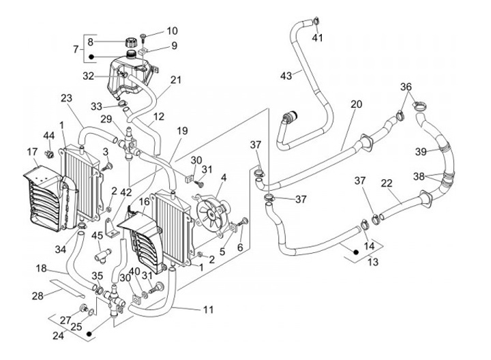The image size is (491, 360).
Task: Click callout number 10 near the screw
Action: (171, 31)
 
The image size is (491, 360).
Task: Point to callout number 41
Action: (318, 37)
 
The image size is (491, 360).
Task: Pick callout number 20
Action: (356, 104)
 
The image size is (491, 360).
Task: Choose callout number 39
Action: (421, 150)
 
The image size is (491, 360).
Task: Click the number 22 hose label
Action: (386, 183)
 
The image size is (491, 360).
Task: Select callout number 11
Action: (208, 310)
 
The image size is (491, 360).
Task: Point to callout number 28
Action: (38, 295)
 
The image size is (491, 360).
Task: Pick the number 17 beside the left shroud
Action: (32, 151)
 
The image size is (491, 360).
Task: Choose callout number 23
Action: (66, 98)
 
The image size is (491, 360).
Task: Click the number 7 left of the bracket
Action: (76, 49)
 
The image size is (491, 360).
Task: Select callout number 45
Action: (98, 236)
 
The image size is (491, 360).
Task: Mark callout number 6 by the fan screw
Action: (239, 247)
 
